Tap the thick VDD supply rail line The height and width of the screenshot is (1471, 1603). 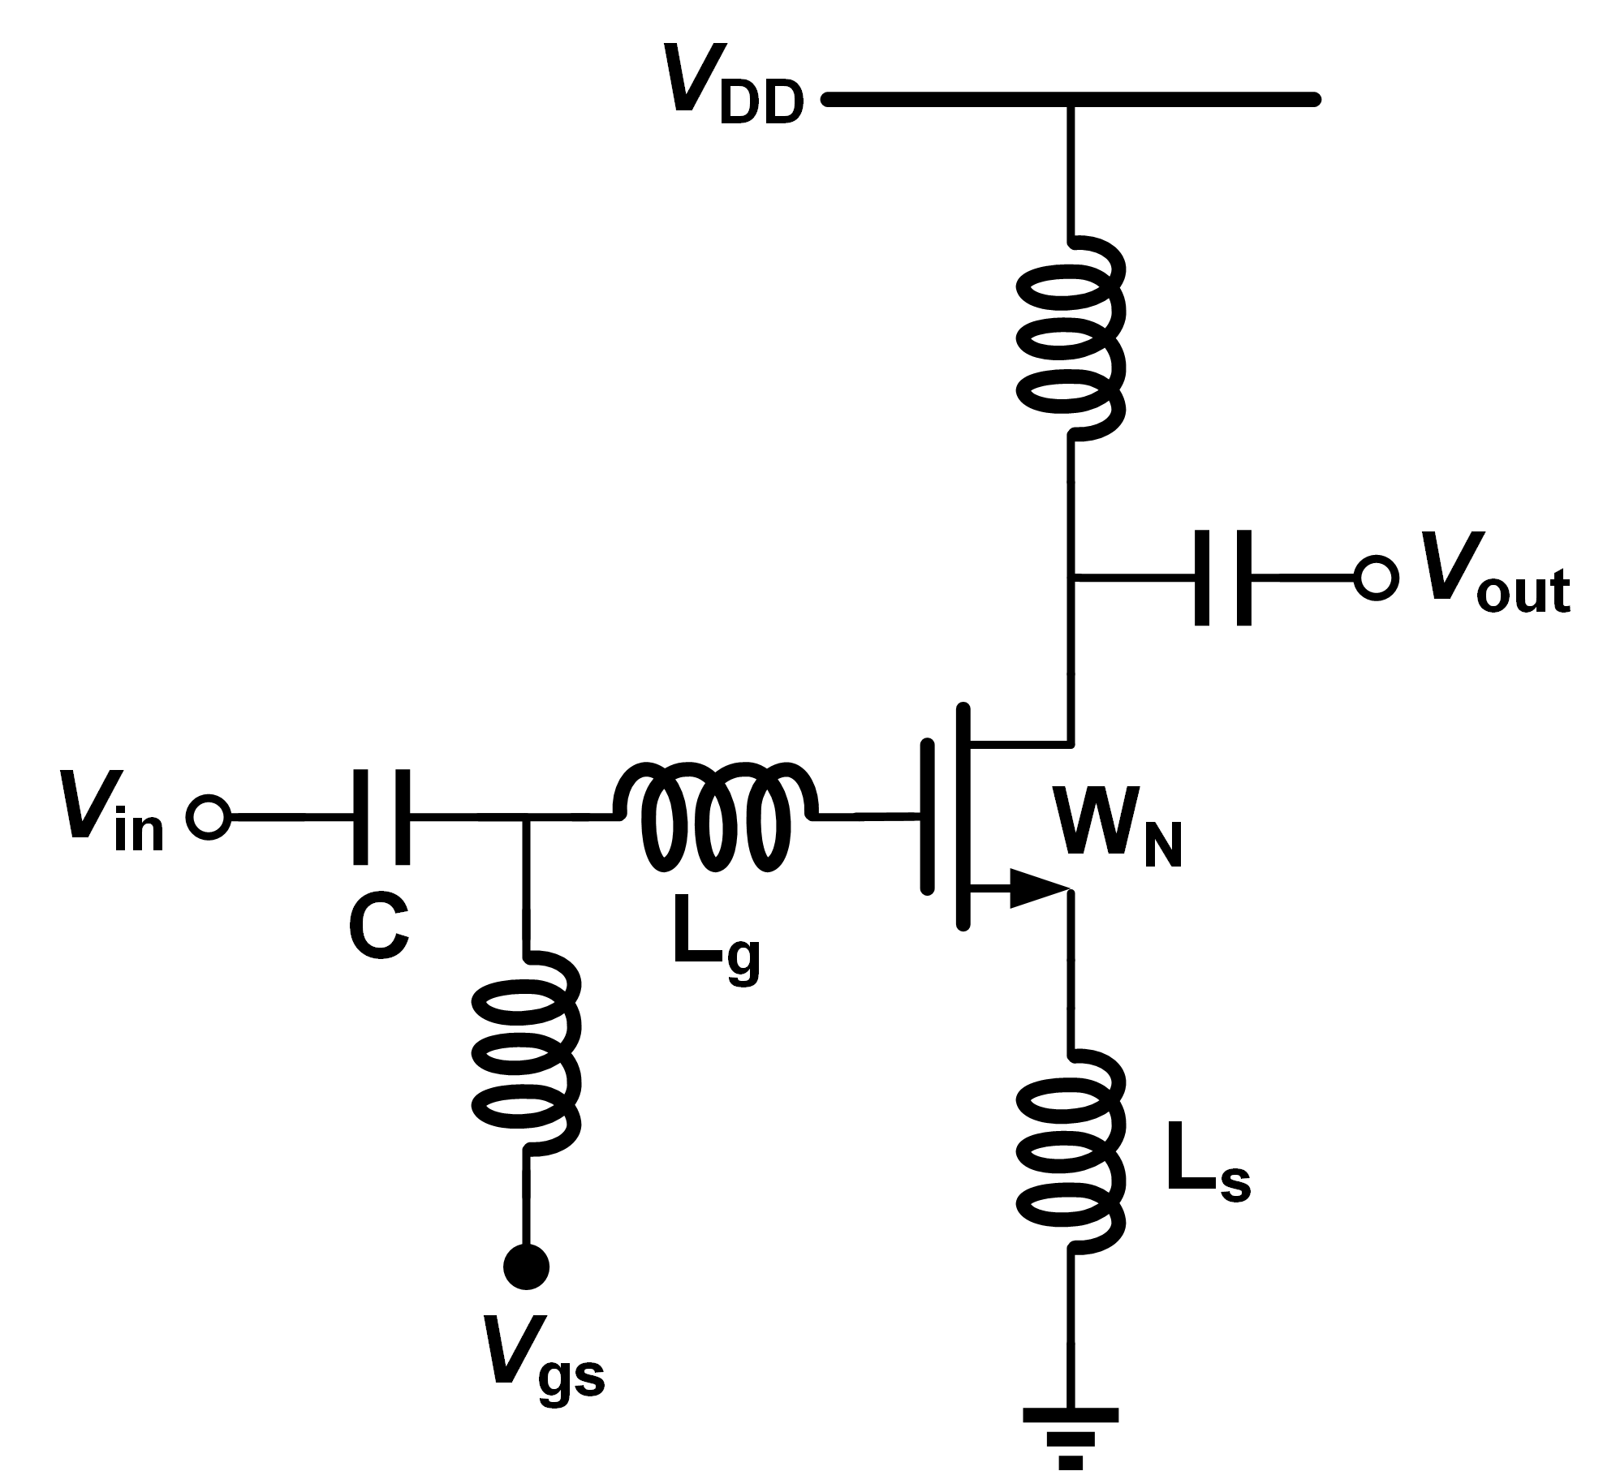pyautogui.click(x=1071, y=100)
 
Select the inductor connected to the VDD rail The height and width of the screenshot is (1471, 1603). pyautogui.click(x=1071, y=337)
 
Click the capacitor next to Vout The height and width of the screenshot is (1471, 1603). pyautogui.click(x=1222, y=578)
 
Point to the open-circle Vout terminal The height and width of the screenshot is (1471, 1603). pyautogui.click(x=1376, y=579)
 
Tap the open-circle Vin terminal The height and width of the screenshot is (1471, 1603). pyautogui.click(x=209, y=817)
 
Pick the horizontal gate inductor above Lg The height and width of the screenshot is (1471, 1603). pyautogui.click(x=714, y=817)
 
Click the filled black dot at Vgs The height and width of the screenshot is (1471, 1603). pyautogui.click(x=526, y=1266)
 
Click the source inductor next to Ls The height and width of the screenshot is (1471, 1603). pyautogui.click(x=1071, y=1152)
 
